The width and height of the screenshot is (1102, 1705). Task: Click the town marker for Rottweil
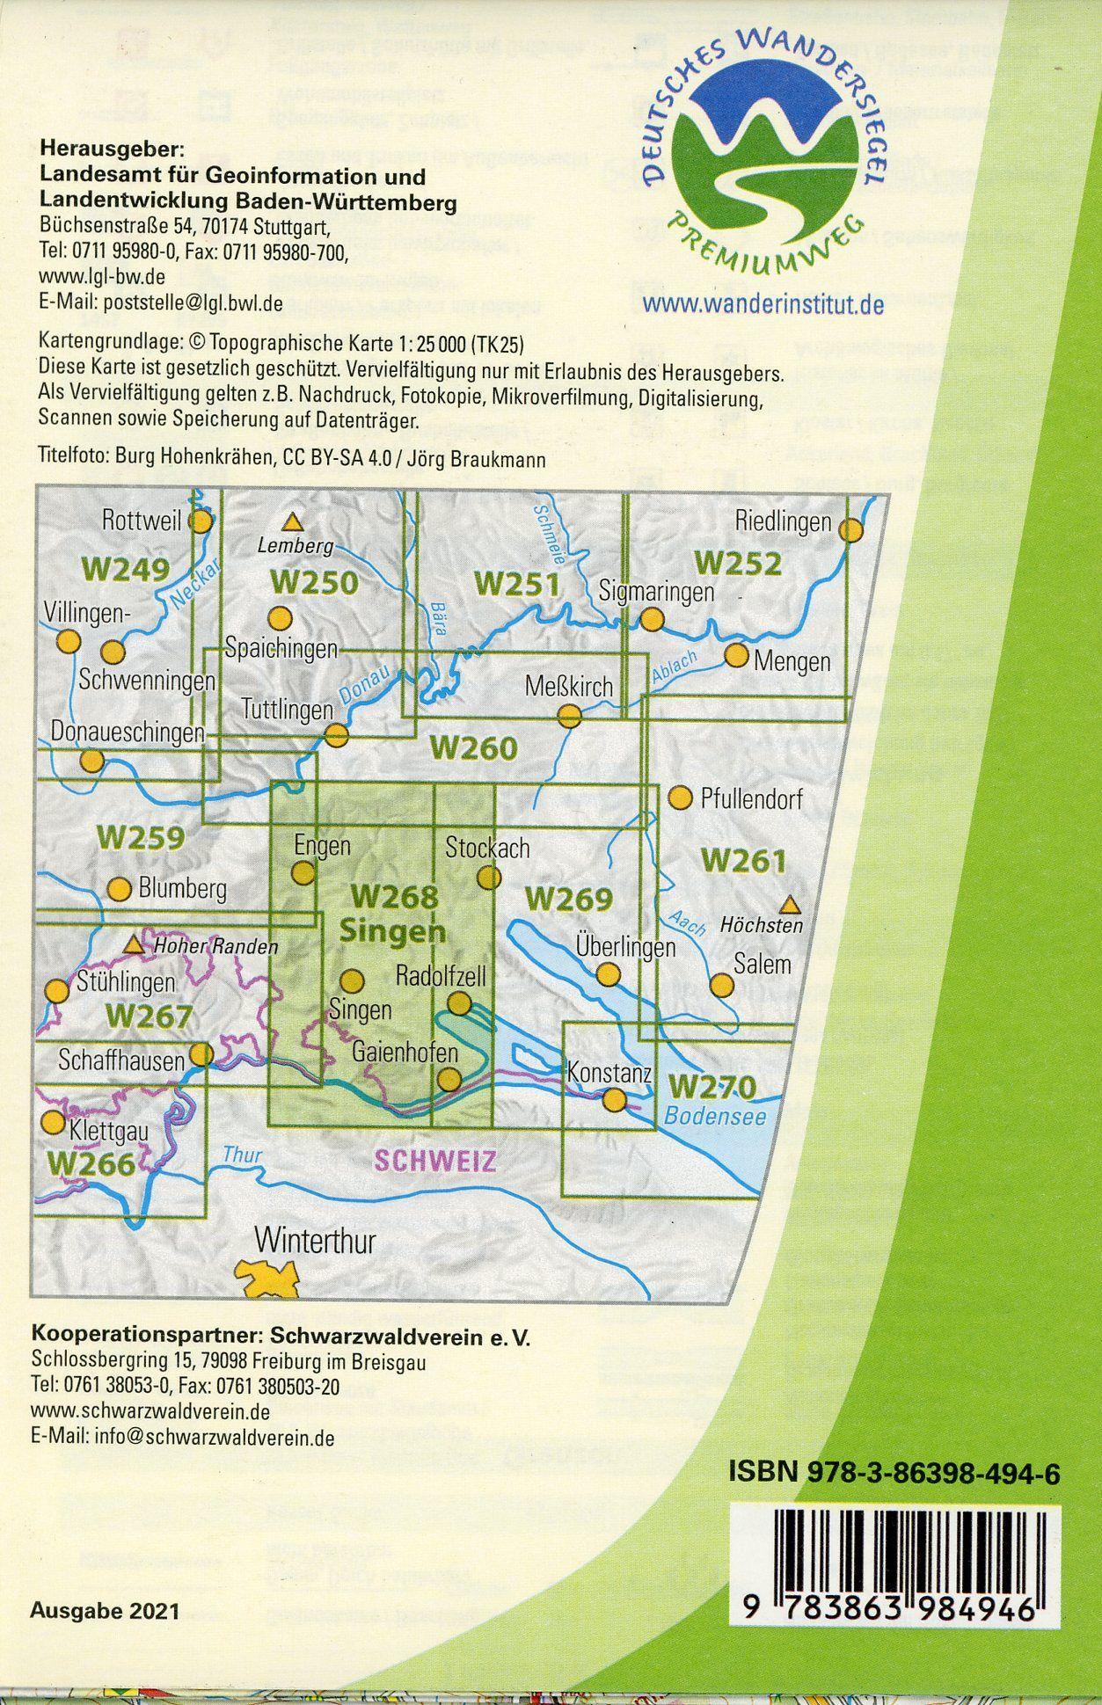(x=201, y=521)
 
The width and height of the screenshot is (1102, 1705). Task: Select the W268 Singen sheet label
(x=394, y=913)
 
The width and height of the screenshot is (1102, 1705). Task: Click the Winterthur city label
(x=315, y=1242)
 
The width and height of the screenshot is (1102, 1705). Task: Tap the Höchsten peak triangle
(x=791, y=903)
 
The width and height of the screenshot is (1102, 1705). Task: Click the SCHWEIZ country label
(x=435, y=1161)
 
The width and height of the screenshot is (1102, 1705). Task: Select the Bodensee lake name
(x=716, y=1117)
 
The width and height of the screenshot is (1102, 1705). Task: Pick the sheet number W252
(x=737, y=562)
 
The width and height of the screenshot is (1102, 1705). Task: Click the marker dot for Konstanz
(x=614, y=1099)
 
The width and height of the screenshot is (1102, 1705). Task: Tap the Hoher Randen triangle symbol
(x=134, y=945)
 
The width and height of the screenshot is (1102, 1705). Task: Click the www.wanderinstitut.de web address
(x=763, y=304)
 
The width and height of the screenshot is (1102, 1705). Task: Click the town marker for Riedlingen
(x=850, y=530)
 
